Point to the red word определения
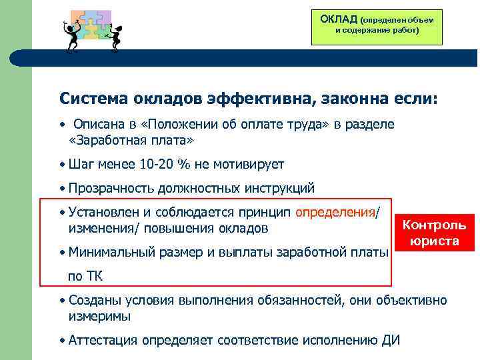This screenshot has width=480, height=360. tap(335, 212)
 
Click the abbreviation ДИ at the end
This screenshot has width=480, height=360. tap(389, 340)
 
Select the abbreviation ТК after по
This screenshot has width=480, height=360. tap(95, 276)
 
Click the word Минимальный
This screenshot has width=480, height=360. tap(111, 252)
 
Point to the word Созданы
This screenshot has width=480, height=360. tap(94, 300)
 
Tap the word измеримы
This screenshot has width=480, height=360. tap(99, 317)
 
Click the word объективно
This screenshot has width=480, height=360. tap(413, 300)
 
